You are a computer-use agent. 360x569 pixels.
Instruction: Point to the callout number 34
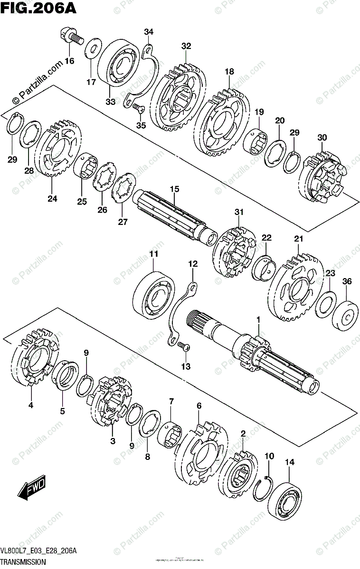click(149, 32)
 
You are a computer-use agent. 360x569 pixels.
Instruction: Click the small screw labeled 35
click(139, 108)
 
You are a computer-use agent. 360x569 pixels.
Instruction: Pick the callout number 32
click(186, 46)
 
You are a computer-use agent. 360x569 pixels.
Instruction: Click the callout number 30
click(322, 138)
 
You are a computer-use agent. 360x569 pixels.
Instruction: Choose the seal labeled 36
click(345, 316)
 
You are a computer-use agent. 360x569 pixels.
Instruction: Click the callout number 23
click(330, 273)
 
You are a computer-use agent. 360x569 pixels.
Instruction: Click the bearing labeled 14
click(285, 495)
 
